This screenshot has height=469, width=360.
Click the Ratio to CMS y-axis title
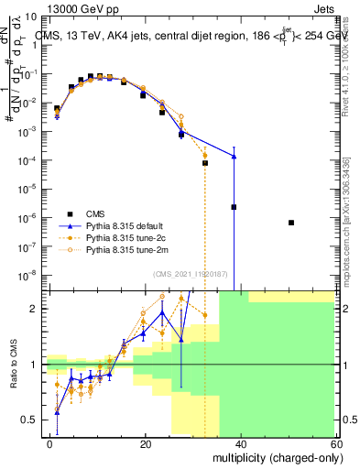pyautogui.click(x=14, y=365)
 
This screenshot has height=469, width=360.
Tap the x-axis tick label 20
pyautogui.click(x=146, y=443)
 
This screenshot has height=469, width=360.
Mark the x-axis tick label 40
pyautogui.click(x=241, y=443)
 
